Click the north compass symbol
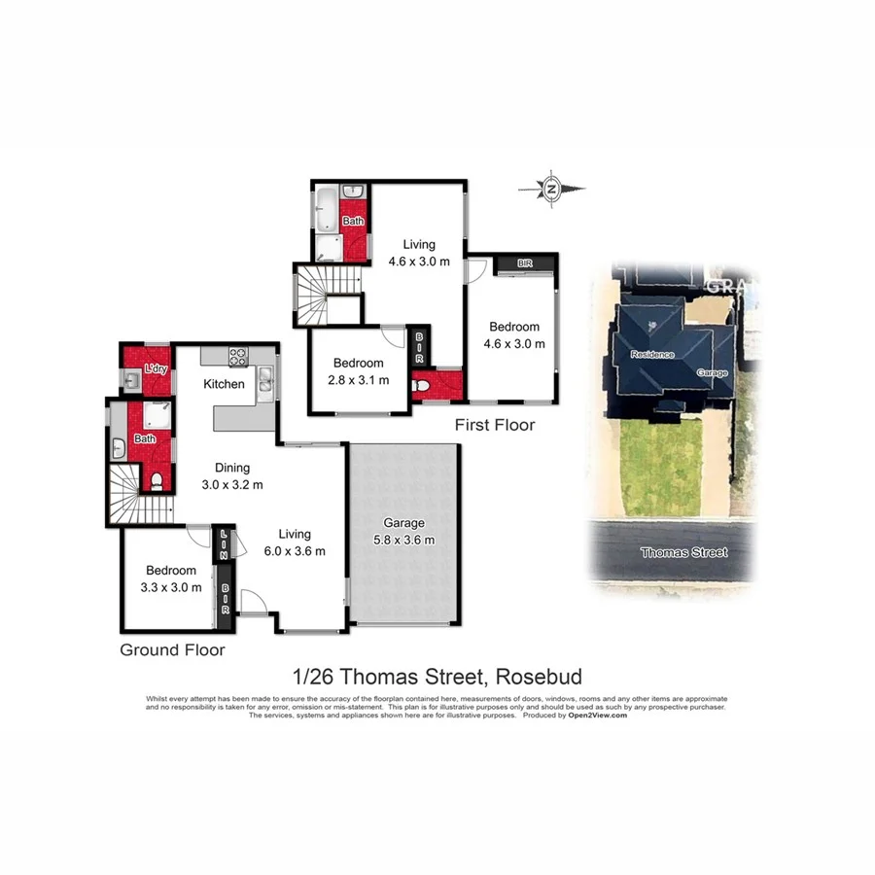tap(551, 188)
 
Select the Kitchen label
tap(224, 384)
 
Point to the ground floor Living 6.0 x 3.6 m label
tap(294, 542)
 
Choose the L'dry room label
tap(155, 369)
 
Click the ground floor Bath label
tap(144, 438)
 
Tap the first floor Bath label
tap(353, 222)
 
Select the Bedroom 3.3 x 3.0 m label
tap(171, 578)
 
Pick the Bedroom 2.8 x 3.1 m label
tap(357, 371)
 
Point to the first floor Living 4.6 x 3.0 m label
tap(419, 253)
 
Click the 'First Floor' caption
tap(495, 425)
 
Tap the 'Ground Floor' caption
tap(172, 649)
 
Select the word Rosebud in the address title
tap(540, 676)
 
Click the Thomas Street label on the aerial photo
tap(683, 552)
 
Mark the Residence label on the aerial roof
tap(651, 354)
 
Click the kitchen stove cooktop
tap(239, 355)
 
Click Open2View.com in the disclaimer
tap(597, 715)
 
